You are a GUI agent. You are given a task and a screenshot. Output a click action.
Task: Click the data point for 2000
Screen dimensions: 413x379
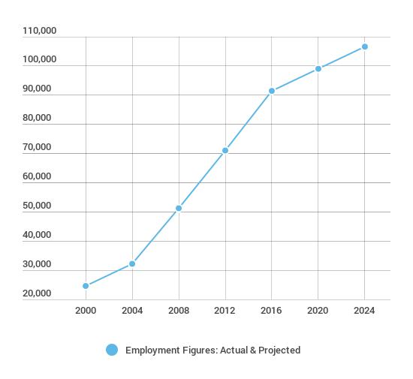click(x=86, y=286)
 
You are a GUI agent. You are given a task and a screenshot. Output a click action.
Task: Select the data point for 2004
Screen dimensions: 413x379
click(x=132, y=263)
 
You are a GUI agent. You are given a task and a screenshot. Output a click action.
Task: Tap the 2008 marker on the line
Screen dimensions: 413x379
click(x=179, y=208)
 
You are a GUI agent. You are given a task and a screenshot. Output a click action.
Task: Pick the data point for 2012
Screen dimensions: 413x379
click(x=225, y=150)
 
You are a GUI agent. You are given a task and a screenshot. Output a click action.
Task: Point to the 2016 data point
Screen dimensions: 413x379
click(x=272, y=91)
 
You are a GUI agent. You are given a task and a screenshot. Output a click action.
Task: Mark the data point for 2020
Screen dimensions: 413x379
click(x=318, y=69)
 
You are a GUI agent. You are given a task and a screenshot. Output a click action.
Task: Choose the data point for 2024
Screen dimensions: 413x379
click(x=365, y=47)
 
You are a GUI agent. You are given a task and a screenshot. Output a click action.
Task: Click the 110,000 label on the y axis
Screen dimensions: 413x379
click(x=40, y=31)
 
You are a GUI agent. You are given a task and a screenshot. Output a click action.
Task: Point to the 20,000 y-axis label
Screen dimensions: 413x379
click(x=37, y=293)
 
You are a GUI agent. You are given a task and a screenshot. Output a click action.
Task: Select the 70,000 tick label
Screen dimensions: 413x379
click(x=37, y=147)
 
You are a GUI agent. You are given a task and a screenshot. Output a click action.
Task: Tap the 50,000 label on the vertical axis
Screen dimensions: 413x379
click(x=37, y=206)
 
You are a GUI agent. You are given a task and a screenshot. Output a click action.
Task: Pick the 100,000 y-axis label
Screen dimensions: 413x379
click(x=40, y=59)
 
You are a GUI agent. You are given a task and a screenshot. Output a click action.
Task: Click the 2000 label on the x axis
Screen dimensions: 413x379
click(x=86, y=311)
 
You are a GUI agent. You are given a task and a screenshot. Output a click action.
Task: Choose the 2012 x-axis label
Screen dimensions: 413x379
click(x=225, y=311)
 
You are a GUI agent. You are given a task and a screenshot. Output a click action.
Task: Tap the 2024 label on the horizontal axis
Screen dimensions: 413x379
click(x=364, y=311)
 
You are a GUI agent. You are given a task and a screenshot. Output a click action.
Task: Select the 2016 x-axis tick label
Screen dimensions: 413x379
click(x=271, y=311)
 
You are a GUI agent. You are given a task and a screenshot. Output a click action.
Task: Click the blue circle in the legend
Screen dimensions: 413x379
click(x=112, y=350)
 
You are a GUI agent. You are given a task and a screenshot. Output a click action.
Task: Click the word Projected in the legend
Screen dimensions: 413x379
click(x=279, y=350)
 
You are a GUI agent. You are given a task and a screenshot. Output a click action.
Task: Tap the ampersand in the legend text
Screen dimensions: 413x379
click(x=253, y=350)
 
